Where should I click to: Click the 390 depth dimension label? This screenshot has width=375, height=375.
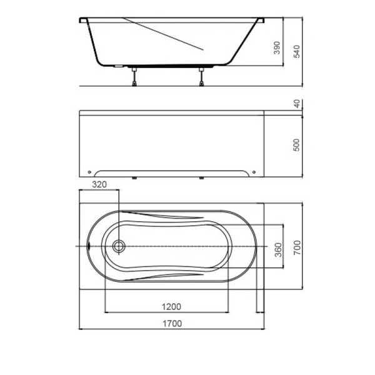click(277, 48)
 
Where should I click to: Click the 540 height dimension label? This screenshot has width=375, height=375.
click(296, 51)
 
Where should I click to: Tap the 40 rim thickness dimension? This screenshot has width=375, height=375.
click(296, 104)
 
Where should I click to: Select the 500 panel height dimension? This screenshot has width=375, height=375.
click(296, 145)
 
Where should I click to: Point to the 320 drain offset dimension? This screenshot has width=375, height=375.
click(99, 184)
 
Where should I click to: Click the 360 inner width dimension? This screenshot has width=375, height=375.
click(278, 250)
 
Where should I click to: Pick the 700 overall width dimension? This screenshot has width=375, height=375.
click(297, 247)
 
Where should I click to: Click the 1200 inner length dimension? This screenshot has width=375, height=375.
click(171, 307)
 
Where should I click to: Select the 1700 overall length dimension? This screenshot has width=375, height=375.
click(172, 324)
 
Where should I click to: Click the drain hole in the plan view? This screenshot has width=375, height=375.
click(119, 246)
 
